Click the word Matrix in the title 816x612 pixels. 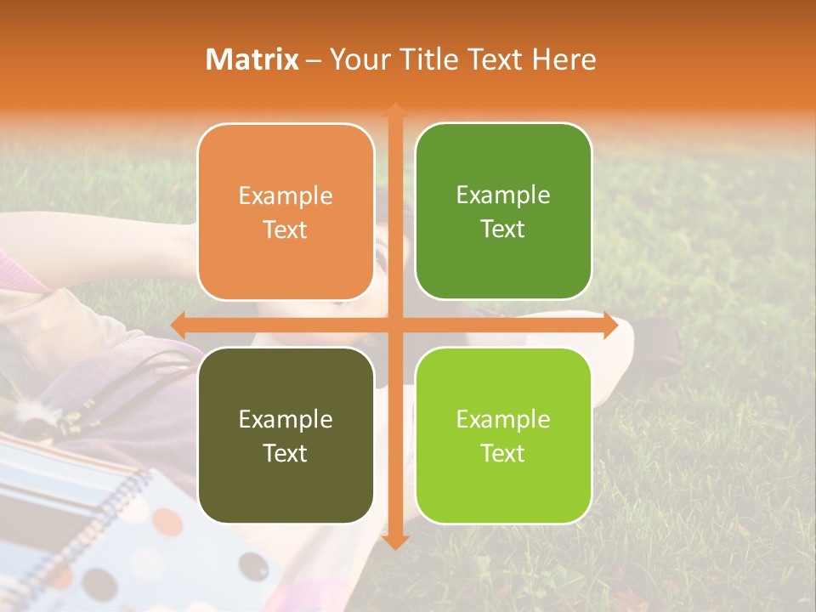(252, 59)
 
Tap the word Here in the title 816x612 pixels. (564, 59)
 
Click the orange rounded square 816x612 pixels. (286, 212)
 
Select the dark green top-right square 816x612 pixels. (503, 211)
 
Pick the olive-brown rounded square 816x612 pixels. (286, 435)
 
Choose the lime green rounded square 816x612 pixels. (503, 435)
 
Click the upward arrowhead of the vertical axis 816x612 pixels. (394, 109)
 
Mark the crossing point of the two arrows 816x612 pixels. (394, 325)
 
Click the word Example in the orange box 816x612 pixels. (286, 195)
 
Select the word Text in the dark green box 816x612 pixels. (503, 229)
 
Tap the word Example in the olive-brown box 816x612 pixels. (286, 419)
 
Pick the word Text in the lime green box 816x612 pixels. (503, 453)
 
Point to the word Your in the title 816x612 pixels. (355, 59)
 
